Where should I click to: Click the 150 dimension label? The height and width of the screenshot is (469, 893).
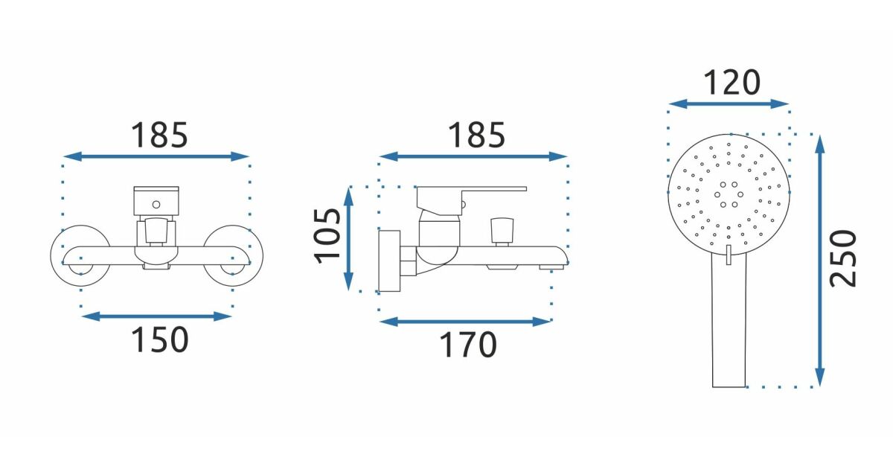point(159,339)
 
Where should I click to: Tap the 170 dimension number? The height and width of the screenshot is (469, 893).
point(468,344)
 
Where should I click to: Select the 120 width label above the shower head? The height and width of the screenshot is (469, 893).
point(732,83)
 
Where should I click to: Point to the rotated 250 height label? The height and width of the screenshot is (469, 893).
point(843,258)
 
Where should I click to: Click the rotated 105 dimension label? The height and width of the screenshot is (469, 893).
point(327,236)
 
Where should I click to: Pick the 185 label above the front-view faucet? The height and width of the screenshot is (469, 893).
point(159,135)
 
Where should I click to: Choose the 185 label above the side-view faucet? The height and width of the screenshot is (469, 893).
point(476,135)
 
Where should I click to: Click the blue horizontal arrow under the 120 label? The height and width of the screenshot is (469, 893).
point(729,104)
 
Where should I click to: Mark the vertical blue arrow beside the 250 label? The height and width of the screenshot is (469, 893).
point(819,261)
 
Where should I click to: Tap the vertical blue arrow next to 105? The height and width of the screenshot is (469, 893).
point(348,239)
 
